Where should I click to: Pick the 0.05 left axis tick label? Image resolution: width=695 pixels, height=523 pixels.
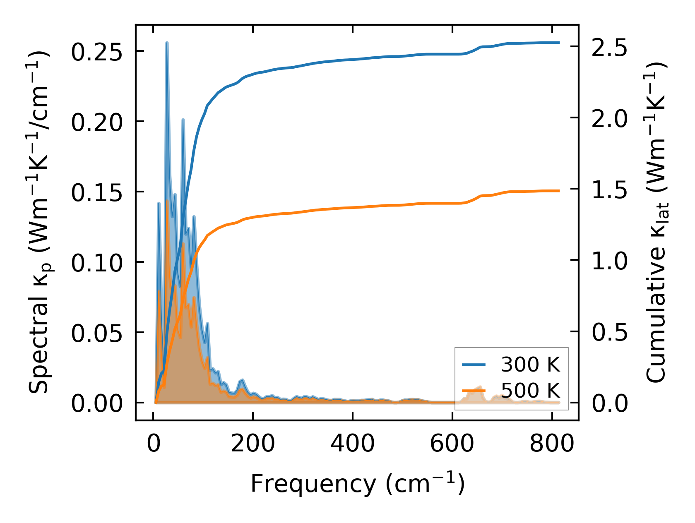pos(97,333)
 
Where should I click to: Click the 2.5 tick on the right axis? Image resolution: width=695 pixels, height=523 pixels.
pos(609,47)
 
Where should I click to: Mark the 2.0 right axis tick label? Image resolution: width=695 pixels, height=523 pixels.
pos(609,118)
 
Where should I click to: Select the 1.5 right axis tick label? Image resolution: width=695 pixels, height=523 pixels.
pos(609,190)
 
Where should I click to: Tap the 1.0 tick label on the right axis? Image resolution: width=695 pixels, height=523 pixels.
pos(609,261)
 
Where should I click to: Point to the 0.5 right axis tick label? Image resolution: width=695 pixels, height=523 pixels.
pos(609,332)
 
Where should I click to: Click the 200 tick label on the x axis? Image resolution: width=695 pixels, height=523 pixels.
pos(253,444)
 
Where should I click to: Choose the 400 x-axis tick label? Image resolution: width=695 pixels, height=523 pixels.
pos(352,444)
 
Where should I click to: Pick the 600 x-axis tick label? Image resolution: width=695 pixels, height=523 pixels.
pos(452,444)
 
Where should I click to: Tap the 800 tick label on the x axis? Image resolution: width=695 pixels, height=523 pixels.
pos(552,444)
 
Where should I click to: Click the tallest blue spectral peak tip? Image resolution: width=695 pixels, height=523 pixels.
pos(167,43)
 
